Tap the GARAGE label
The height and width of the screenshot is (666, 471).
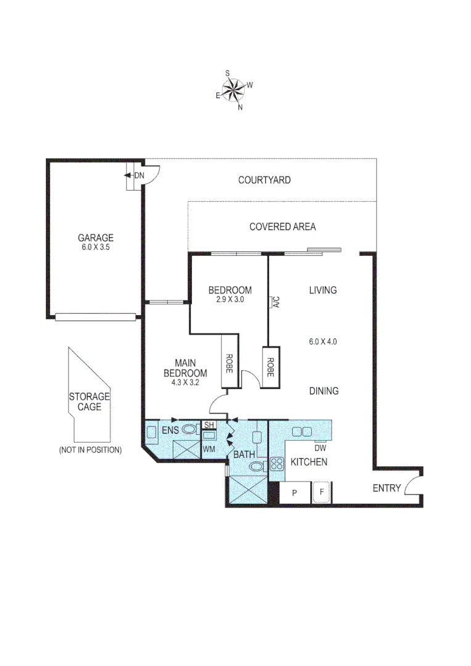point(95,237)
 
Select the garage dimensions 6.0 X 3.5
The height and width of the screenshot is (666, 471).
point(95,247)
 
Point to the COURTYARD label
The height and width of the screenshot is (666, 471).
point(264,180)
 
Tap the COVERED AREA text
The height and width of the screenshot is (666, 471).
point(282,227)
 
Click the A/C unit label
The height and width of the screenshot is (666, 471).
point(276,302)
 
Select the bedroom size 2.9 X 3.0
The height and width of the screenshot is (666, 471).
point(229,300)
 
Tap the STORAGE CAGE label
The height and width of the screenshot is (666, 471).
point(89,401)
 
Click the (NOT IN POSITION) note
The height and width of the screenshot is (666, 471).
point(90,450)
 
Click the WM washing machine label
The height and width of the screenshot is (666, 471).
point(209,449)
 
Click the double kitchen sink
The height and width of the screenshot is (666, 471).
point(301,430)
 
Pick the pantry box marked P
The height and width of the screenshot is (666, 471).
point(294,492)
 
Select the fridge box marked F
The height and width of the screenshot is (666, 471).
point(321,492)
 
